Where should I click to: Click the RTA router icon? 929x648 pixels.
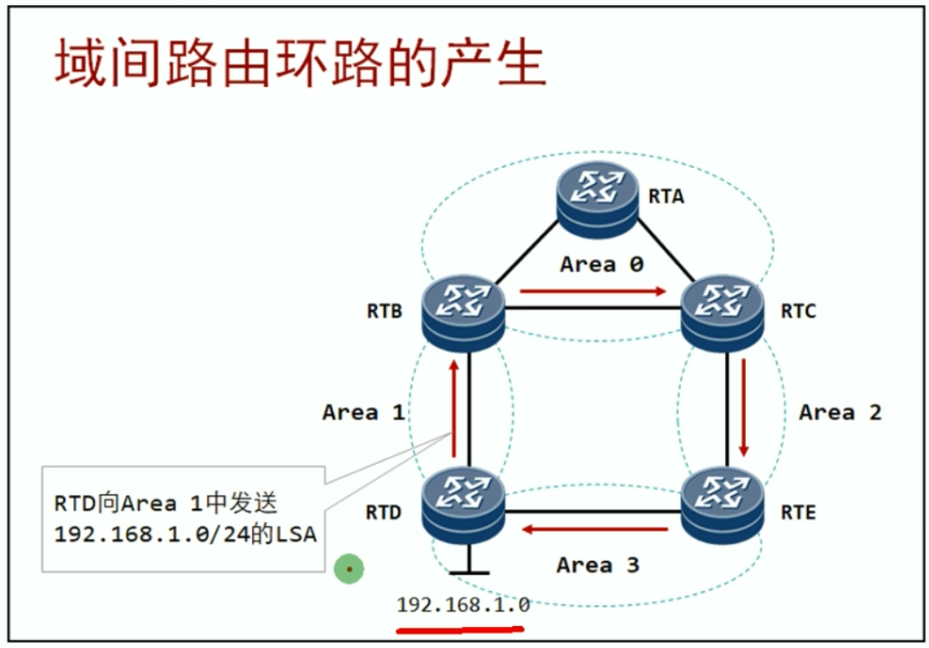[x=598, y=199]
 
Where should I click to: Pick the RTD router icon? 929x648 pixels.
[x=462, y=505]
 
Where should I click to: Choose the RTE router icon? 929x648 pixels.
[x=722, y=505]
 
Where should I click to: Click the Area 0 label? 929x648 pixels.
[x=601, y=263]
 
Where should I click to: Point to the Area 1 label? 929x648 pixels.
[x=363, y=412]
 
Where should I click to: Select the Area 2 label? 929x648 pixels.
[x=840, y=412]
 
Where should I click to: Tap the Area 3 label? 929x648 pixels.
[x=598, y=565]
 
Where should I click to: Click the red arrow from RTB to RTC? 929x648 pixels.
[x=593, y=291]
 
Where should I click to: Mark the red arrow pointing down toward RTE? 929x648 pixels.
[x=743, y=407]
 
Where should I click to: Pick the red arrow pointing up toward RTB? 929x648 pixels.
[x=453, y=407]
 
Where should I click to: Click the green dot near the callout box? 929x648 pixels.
[x=349, y=570]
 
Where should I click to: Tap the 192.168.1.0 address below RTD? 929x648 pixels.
[x=463, y=604]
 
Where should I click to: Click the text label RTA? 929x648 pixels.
[x=666, y=196]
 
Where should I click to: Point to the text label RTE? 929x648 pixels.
[x=798, y=512]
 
